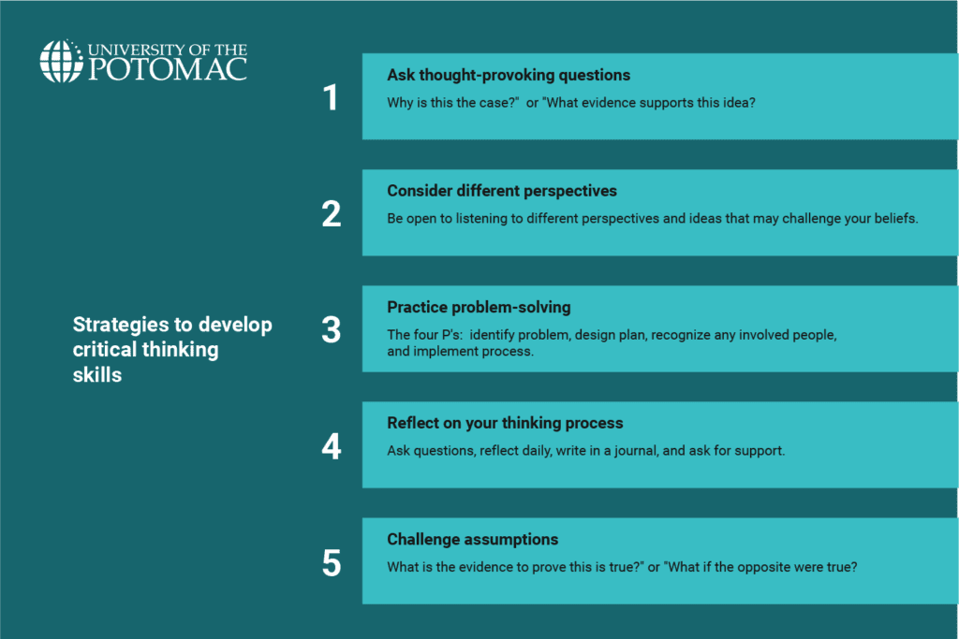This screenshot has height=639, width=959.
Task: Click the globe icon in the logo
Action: [61, 61]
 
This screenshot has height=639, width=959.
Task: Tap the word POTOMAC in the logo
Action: [169, 69]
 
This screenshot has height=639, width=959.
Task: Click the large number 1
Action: [331, 97]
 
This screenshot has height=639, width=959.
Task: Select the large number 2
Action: [332, 214]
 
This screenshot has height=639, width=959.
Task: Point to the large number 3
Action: [332, 330]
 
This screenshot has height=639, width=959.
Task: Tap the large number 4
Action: [332, 446]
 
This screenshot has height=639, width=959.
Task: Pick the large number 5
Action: [332, 562]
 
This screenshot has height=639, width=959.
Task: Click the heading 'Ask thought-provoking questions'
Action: [509, 75]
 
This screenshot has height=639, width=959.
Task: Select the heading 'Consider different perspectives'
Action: [502, 191]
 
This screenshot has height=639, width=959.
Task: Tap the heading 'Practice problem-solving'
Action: [479, 307]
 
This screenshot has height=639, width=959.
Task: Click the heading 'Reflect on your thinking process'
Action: [505, 424]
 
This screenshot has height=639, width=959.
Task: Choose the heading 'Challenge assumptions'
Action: [473, 540]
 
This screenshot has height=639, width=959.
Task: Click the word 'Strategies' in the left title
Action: [122, 325]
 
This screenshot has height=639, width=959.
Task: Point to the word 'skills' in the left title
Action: [97, 375]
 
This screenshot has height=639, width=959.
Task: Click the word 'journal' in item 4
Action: [636, 452]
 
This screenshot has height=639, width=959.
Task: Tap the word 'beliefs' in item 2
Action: [896, 218]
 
